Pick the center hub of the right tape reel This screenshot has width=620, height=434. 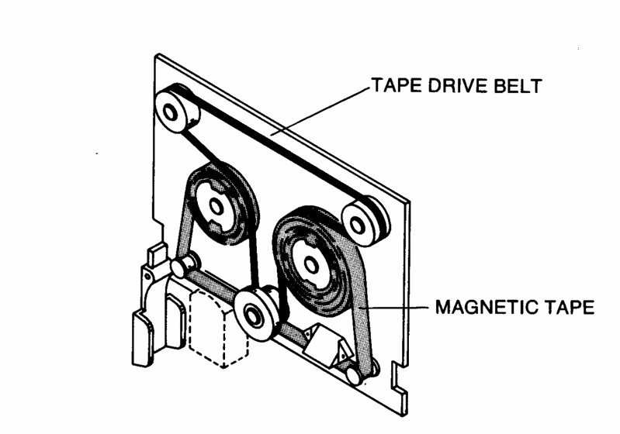point(312,263)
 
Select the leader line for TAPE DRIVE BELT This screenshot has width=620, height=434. point(318,116)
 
